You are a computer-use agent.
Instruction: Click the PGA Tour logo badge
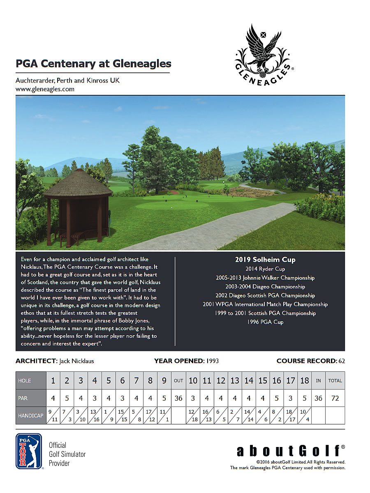click(x=28, y=451)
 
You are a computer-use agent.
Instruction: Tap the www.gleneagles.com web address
click(x=45, y=89)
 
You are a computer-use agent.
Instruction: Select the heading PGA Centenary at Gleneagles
click(x=93, y=64)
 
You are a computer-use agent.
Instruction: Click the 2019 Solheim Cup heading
click(x=265, y=260)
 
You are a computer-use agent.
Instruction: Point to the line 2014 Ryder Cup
click(x=265, y=269)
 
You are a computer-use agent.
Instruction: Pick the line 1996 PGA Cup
click(x=265, y=322)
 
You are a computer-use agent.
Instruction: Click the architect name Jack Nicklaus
click(x=76, y=361)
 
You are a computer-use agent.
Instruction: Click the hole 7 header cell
click(x=136, y=380)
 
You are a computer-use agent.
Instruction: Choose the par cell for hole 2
click(x=67, y=398)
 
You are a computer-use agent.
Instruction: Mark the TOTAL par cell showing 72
click(x=335, y=398)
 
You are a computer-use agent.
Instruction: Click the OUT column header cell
click(x=178, y=380)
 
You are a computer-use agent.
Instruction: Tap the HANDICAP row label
click(x=30, y=415)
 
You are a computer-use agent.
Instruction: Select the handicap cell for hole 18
click(x=304, y=415)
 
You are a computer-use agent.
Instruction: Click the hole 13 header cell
click(x=235, y=380)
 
